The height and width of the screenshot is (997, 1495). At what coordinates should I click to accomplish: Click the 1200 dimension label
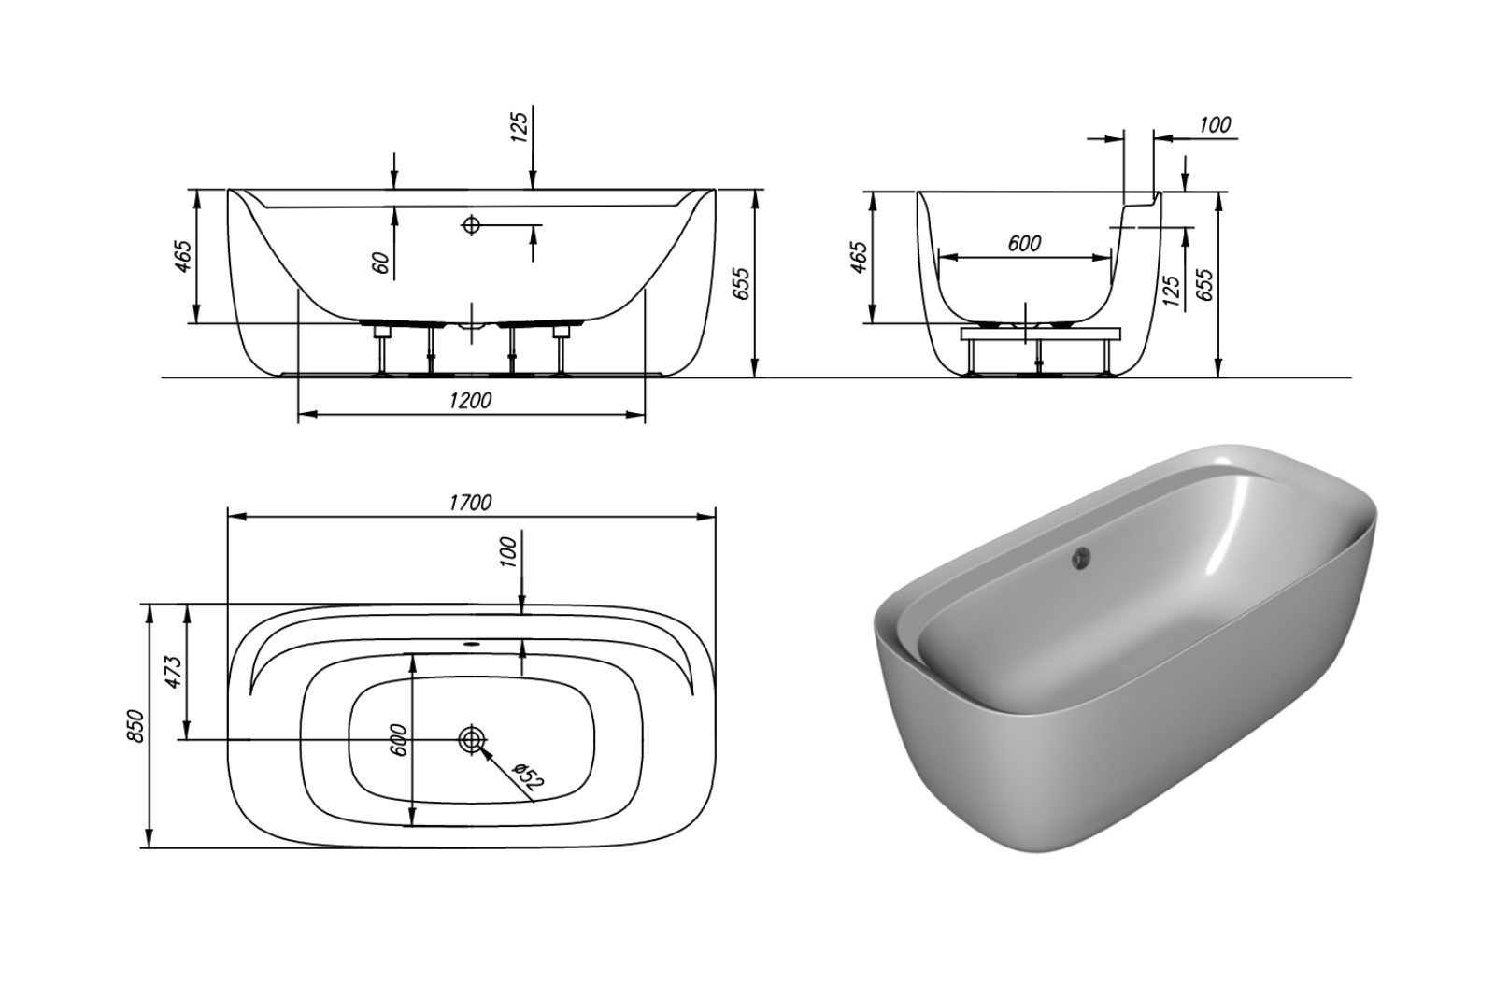tap(471, 401)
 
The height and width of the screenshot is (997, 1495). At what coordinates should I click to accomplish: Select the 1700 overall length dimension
tap(470, 503)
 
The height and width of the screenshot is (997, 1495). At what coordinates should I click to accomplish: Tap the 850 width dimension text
tap(135, 725)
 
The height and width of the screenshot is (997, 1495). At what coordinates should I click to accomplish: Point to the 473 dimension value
tap(172, 673)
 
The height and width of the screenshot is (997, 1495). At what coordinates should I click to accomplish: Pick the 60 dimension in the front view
tap(379, 263)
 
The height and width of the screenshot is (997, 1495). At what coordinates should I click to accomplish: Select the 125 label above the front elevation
tap(520, 127)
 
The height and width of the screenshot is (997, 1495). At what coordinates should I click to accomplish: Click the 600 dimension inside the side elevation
tap(1024, 244)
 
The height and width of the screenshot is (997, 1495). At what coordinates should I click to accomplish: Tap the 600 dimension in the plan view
tap(398, 739)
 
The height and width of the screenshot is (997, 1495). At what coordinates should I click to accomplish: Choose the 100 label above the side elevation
tap(1215, 125)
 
